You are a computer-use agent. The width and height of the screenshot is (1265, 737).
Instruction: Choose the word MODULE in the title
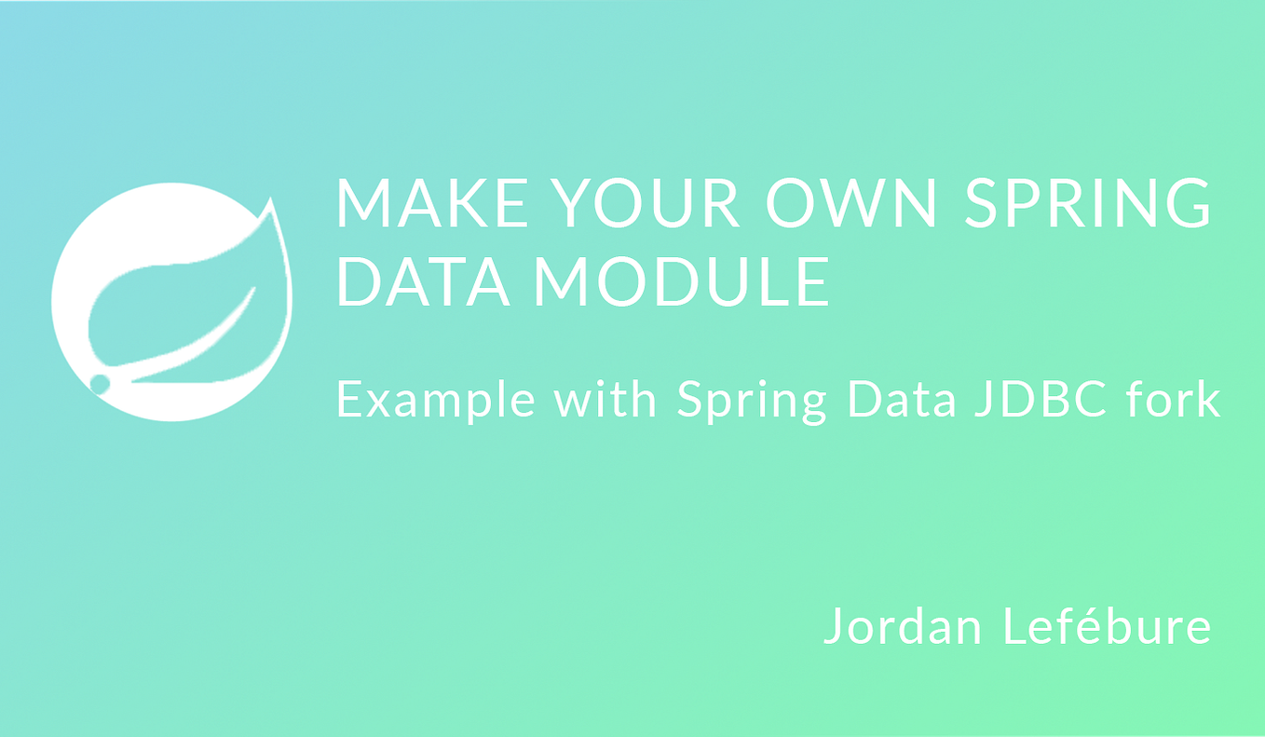point(680,282)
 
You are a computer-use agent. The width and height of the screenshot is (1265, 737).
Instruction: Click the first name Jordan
point(904,626)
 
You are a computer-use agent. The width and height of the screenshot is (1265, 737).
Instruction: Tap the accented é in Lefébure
point(1077,626)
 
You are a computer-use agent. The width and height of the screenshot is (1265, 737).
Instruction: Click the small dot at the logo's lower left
point(100,382)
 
